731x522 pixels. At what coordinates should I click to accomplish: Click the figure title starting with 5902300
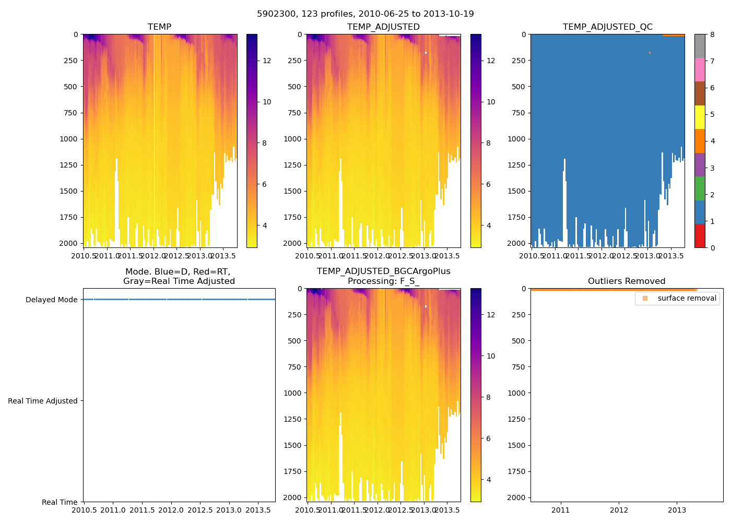365,14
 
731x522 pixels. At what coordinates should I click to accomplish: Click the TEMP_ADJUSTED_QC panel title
607,27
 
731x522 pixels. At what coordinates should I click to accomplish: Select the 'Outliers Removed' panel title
626,281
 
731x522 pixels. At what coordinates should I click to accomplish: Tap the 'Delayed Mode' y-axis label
51,300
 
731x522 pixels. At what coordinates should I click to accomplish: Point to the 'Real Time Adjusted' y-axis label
43,401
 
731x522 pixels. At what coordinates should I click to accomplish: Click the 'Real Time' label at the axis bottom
60,502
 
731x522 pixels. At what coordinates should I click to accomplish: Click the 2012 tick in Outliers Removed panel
619,509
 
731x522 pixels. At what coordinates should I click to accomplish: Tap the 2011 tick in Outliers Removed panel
561,509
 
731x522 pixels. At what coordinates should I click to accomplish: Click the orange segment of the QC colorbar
700,141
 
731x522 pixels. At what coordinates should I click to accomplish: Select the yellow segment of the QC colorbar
700,117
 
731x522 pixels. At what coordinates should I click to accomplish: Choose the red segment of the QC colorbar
700,236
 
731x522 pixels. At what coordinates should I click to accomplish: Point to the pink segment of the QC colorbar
700,69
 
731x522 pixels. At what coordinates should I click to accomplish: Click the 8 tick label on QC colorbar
712,34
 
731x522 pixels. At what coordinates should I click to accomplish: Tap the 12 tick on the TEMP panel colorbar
267,61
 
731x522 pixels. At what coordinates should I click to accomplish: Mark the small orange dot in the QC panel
650,53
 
